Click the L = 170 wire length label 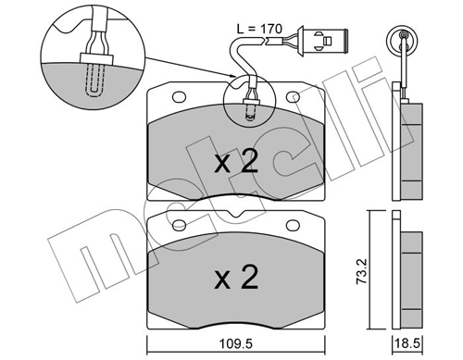click(259, 29)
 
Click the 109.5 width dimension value click(236, 343)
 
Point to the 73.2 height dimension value click(361, 271)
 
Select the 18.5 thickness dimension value click(407, 343)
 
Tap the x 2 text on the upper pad click(236, 162)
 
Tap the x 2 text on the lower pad click(236, 278)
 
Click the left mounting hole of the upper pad click(180, 97)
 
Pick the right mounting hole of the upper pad click(293, 97)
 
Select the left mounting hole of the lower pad click(180, 225)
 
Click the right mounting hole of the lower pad click(293, 225)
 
